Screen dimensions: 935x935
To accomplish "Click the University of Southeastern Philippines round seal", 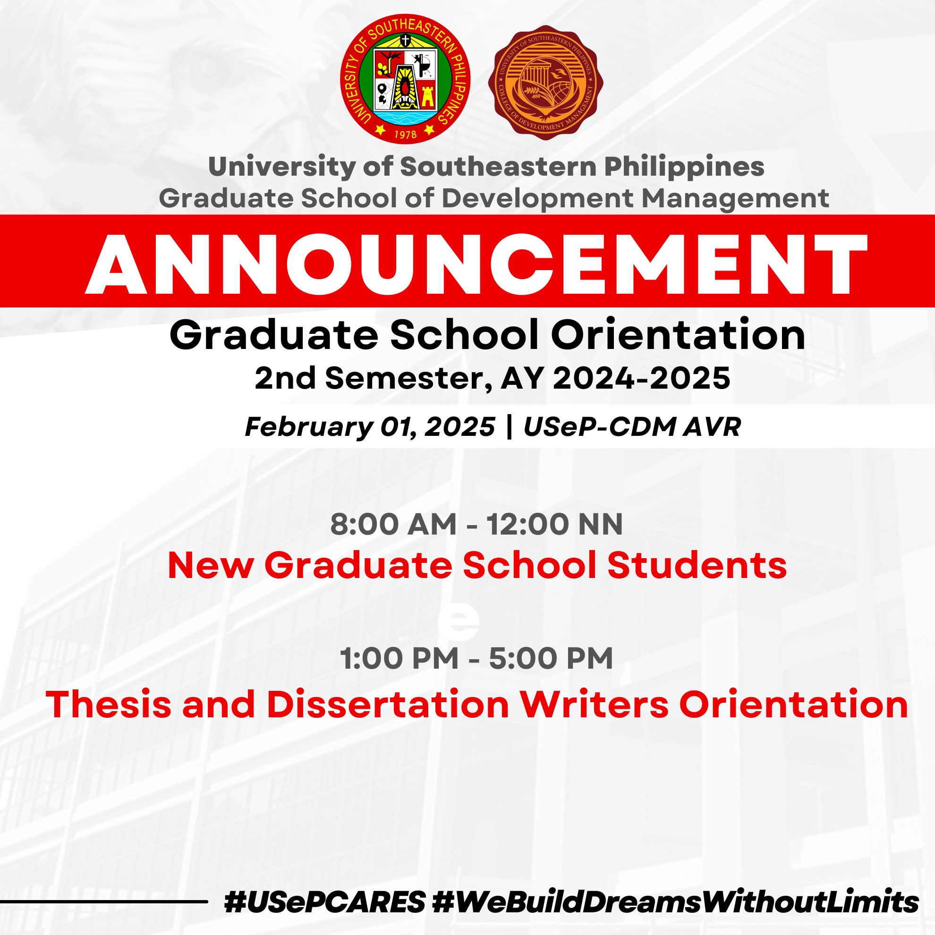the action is pyautogui.click(x=405, y=79).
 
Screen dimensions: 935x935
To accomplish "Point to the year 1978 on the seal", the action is pyautogui.click(x=405, y=134).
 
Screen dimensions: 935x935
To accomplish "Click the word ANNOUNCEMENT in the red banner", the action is pyautogui.click(x=476, y=265).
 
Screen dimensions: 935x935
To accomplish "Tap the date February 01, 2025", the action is pyautogui.click(x=370, y=427).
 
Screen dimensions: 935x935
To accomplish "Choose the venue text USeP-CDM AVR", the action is pyautogui.click(x=632, y=427).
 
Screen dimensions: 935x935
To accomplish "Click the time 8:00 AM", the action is pyautogui.click(x=393, y=524).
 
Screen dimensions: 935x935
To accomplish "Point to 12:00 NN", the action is pyautogui.click(x=554, y=524).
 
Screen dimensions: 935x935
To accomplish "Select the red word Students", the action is pyautogui.click(x=697, y=565).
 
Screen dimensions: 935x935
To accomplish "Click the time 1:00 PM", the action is pyautogui.click(x=399, y=658).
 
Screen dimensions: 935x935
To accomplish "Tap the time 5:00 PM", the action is pyautogui.click(x=551, y=658).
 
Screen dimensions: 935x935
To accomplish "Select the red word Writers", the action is pyautogui.click(x=595, y=704).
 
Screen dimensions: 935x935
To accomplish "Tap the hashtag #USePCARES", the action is pyautogui.click(x=325, y=902).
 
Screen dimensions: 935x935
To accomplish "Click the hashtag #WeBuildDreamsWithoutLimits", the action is pyautogui.click(x=676, y=902).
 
